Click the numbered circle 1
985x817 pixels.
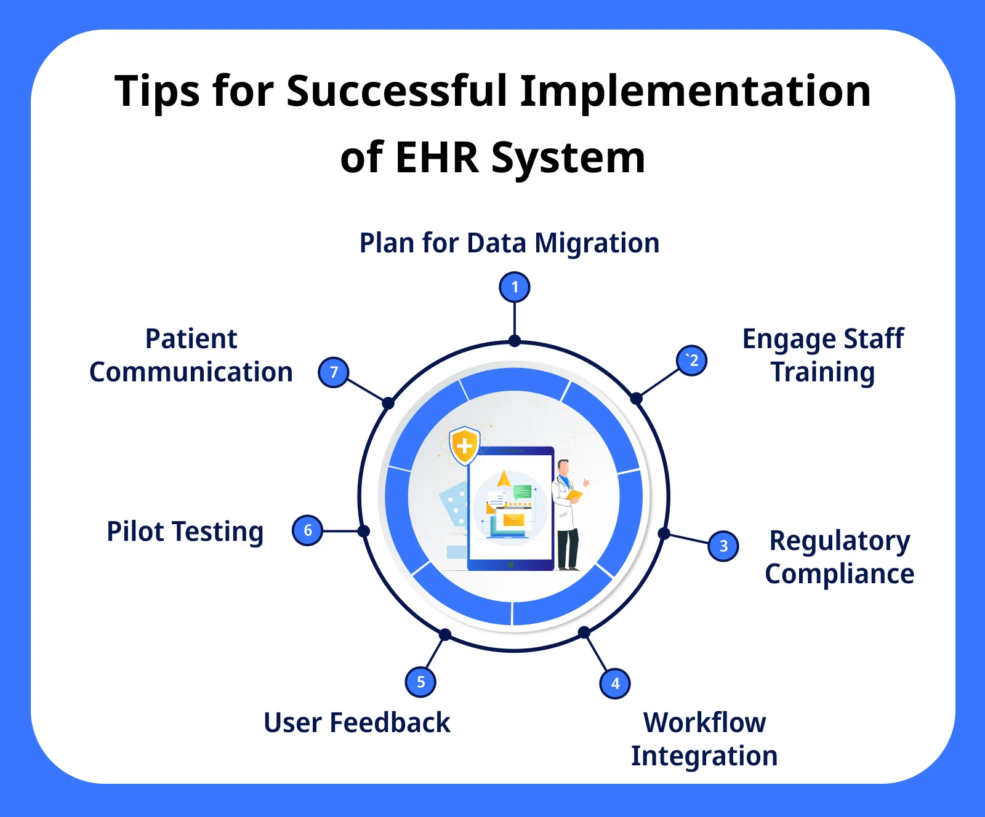click(x=515, y=287)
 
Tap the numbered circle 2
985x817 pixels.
click(x=692, y=361)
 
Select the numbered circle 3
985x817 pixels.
click(x=723, y=546)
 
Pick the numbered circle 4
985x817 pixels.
click(x=615, y=683)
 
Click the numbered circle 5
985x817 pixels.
click(x=420, y=682)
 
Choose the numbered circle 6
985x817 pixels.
click(x=308, y=530)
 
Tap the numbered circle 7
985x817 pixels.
click(x=334, y=372)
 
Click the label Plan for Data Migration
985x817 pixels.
click(x=509, y=243)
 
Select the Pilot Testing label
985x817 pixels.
click(x=185, y=532)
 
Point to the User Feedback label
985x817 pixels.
click(x=357, y=723)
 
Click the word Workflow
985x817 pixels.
click(x=704, y=722)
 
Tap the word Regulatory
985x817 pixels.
click(x=840, y=541)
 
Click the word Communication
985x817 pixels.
click(x=191, y=372)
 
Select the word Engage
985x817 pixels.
click(x=789, y=340)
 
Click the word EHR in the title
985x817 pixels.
click(x=436, y=157)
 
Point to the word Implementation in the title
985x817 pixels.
click(x=695, y=91)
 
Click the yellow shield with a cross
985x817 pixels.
click(x=465, y=445)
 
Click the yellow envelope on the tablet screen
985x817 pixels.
click(x=513, y=520)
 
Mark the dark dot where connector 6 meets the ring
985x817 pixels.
click(x=364, y=531)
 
